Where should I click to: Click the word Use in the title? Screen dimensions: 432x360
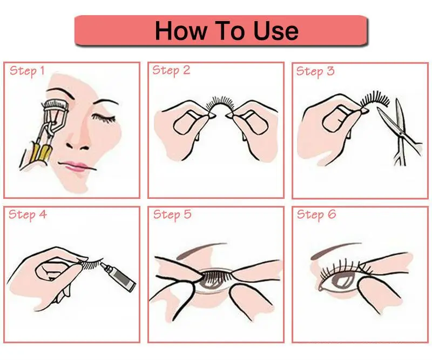(275, 31)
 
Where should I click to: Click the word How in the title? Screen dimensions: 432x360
(181, 31)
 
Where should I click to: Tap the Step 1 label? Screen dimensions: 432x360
(27, 71)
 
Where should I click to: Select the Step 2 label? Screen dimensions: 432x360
(171, 71)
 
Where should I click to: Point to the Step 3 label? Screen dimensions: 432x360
(315, 71)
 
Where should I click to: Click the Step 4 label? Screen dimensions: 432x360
(28, 215)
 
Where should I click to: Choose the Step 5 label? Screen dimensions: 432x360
(172, 215)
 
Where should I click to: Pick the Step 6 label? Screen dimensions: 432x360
(316, 215)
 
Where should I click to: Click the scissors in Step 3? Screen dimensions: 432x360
(400, 132)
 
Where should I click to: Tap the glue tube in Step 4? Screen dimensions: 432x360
(118, 277)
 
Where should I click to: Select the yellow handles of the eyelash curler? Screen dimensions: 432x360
(41, 153)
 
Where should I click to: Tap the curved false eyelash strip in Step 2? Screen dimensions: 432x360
(221, 104)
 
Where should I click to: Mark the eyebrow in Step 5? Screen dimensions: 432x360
(201, 250)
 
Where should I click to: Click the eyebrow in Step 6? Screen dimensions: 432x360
(335, 250)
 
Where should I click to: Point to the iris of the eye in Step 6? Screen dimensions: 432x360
(342, 281)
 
